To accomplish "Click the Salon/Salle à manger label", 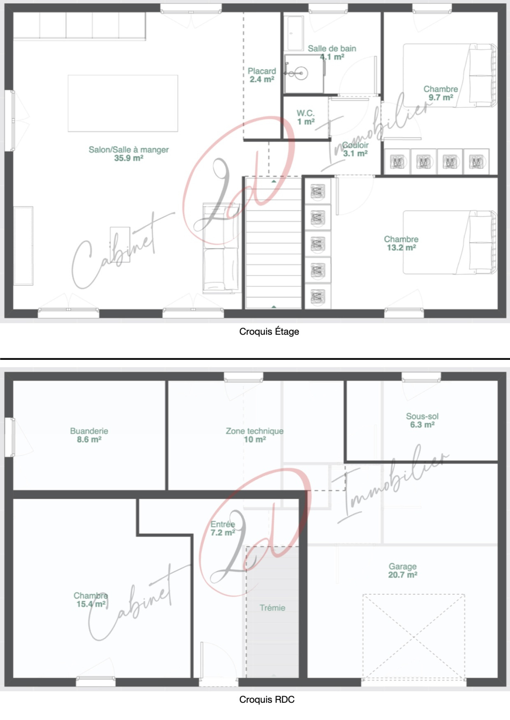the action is [129, 150].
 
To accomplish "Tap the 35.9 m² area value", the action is [129, 158].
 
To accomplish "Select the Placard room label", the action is [262, 71].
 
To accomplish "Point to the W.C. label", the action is [306, 113].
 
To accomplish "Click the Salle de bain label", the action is [332, 48].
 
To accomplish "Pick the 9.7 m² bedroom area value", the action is [441, 97].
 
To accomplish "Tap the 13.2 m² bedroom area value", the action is [401, 247].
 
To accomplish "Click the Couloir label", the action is [355, 145].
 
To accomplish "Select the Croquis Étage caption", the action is [269, 332].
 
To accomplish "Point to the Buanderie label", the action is [89, 431].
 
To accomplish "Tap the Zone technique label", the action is [255, 431].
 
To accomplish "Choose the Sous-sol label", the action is [422, 416].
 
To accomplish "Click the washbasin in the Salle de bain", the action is [301, 74].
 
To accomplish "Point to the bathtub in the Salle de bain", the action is [295, 33].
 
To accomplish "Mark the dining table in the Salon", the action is [123, 103].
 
